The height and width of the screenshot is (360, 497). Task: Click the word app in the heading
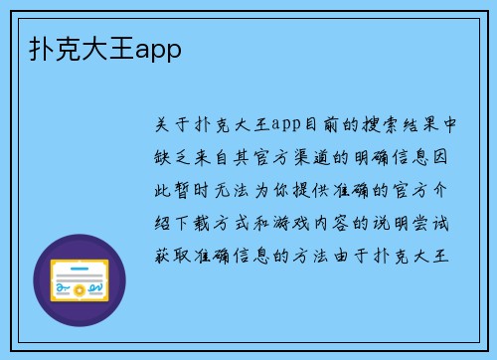click(159, 47)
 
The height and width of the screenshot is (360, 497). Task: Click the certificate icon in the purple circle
click(80, 279)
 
